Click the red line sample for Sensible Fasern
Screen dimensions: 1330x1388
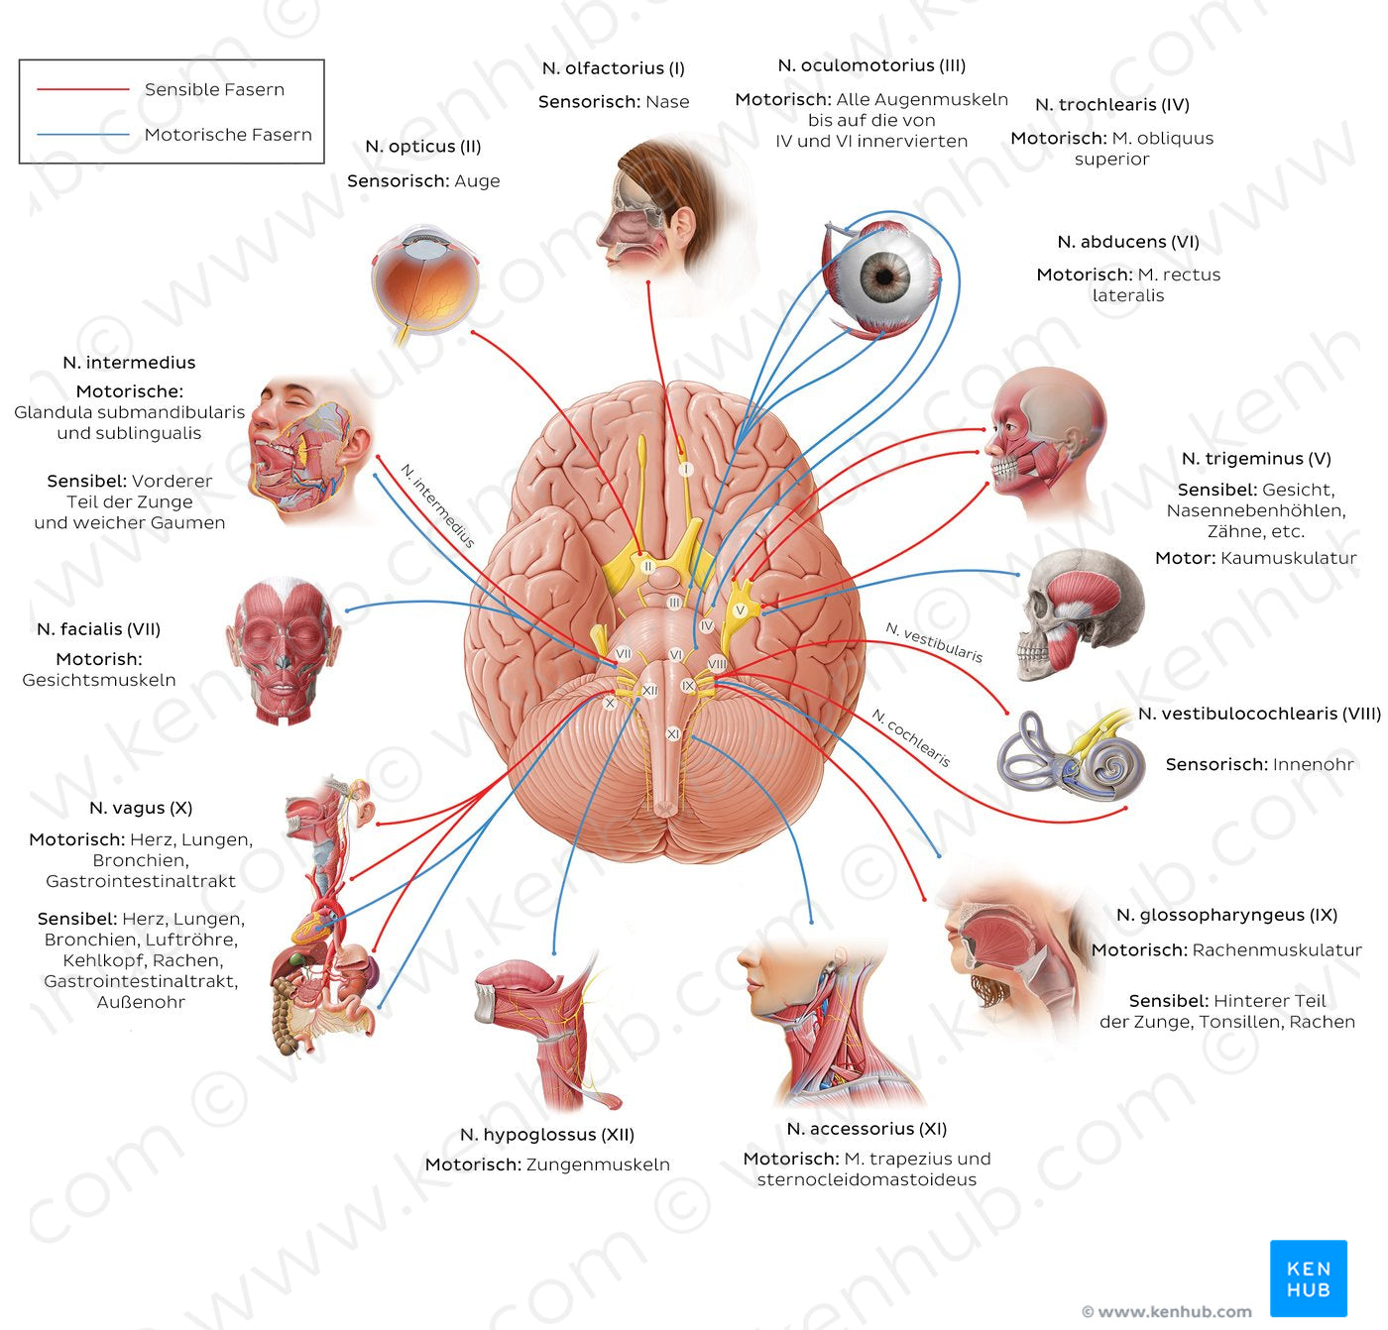pos(83,89)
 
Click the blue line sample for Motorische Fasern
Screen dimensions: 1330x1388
pos(83,134)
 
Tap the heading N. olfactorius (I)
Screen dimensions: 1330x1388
pos(613,68)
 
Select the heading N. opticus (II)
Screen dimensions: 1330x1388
pos(423,147)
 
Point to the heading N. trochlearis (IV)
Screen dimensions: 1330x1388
pos(1111,105)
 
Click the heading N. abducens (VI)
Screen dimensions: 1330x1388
pos(1127,242)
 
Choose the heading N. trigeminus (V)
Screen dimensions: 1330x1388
pos(1255,459)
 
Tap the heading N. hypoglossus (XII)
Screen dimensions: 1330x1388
pos(546,1135)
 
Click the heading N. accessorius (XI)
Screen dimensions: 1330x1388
pos(866,1129)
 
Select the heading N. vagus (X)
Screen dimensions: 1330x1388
pos(141,809)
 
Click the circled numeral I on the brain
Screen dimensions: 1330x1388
pos(684,469)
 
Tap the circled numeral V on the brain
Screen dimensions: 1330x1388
pos(740,610)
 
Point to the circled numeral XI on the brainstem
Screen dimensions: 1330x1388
pos(673,734)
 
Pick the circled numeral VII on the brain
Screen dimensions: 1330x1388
pos(623,654)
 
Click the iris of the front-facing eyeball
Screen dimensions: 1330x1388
pos(883,275)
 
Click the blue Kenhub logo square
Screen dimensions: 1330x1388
pos(1308,1278)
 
